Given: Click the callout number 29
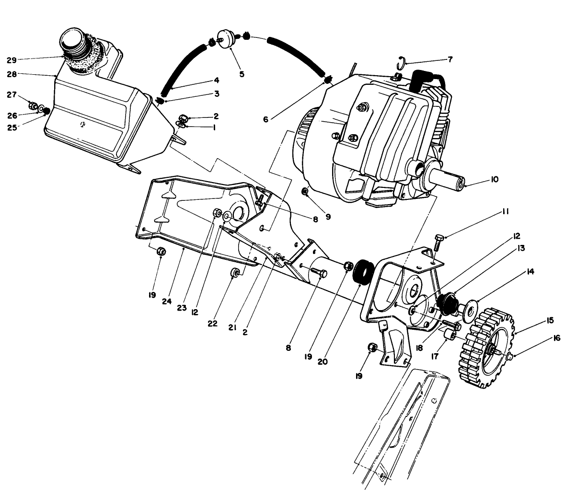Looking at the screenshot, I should point(12,60).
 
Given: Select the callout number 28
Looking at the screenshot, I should point(12,74).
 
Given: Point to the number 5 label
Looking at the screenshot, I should point(242,74).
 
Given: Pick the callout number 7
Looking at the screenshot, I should point(449,59).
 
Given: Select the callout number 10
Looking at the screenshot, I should point(494,179).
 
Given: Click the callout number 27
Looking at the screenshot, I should point(12,95).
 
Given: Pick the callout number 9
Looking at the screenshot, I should point(328,217).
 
